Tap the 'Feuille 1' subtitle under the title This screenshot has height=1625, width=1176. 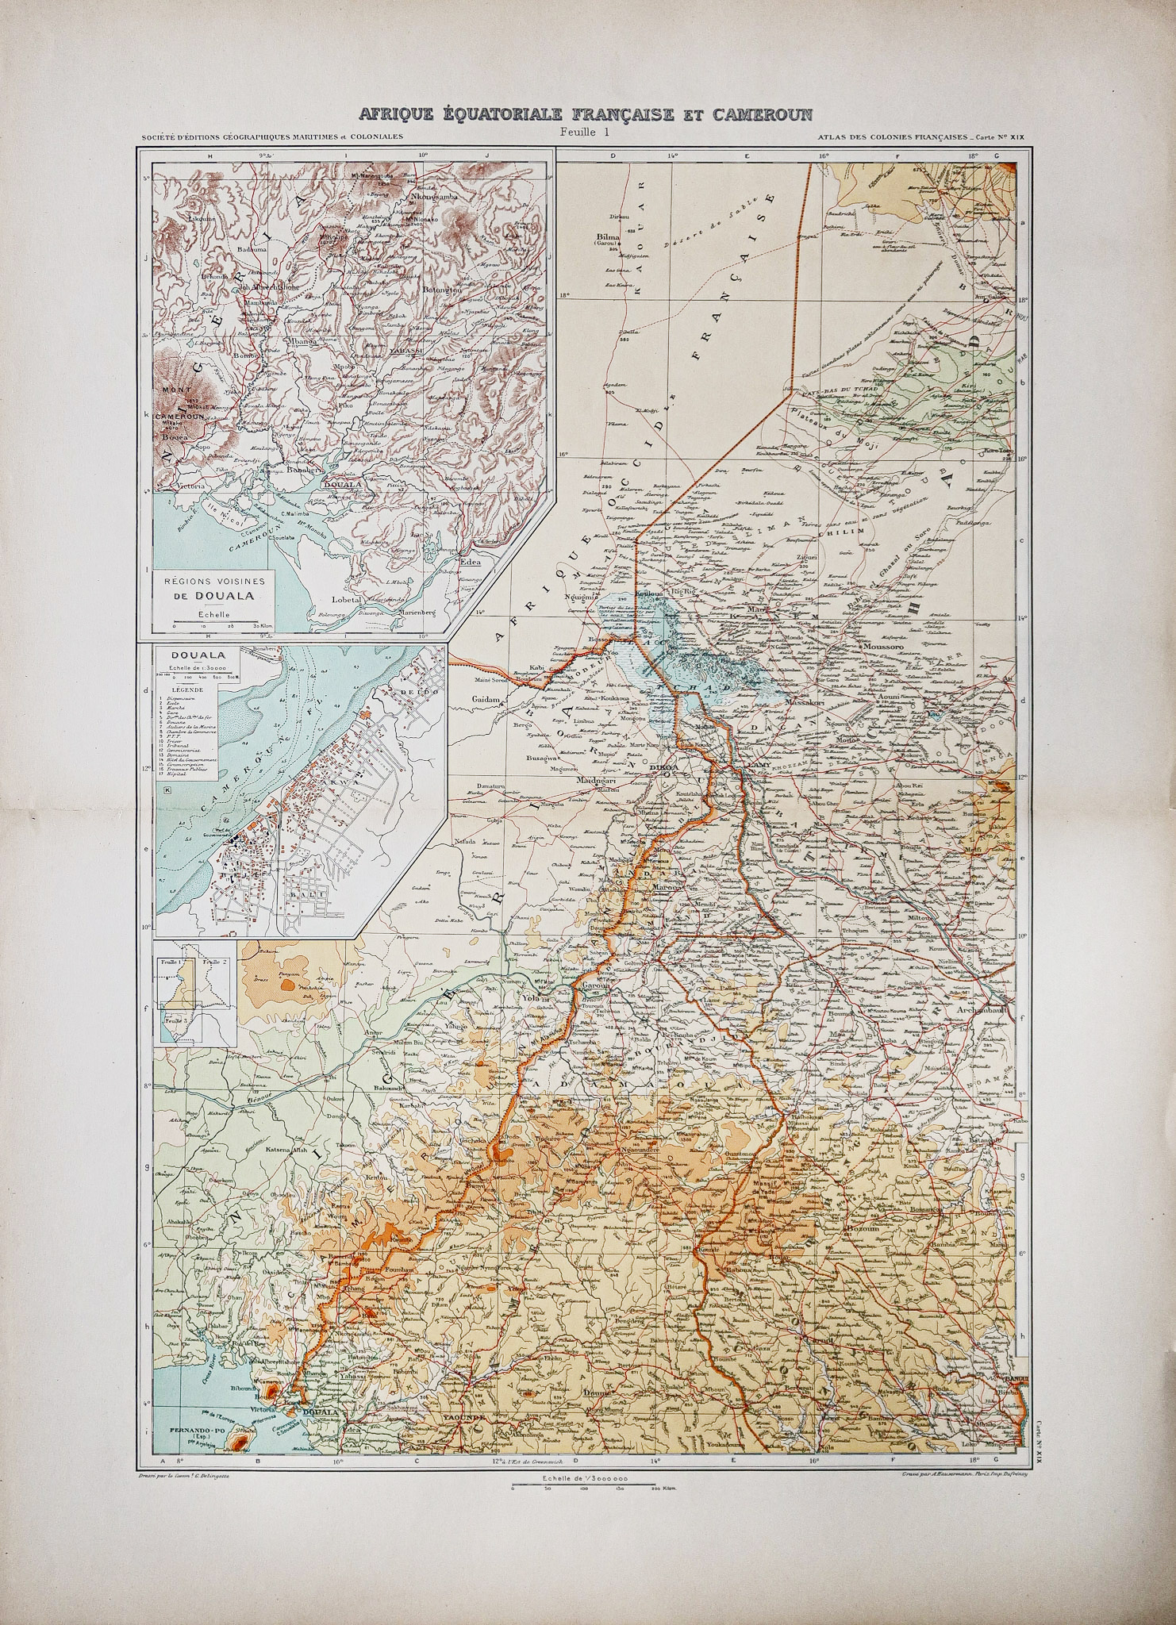point(582,133)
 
